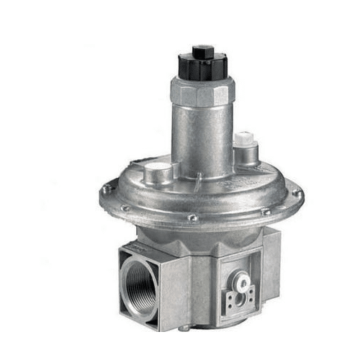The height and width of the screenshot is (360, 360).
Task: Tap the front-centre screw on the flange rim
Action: tap(192, 217)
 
